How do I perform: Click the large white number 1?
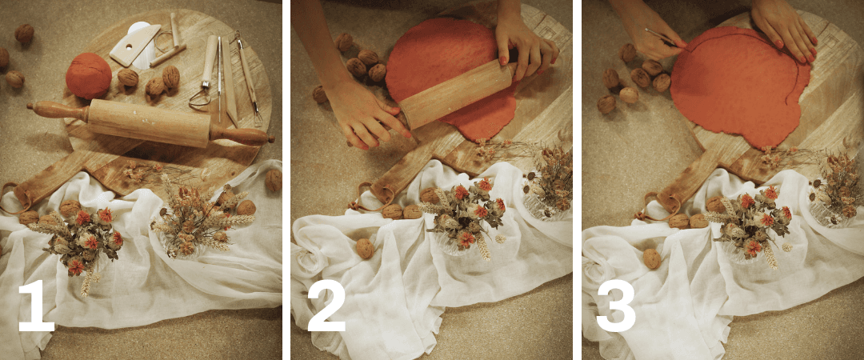coord(37,307)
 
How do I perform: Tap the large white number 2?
coord(326,307)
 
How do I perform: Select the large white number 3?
coord(615,307)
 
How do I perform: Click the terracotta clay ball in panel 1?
coord(88,75)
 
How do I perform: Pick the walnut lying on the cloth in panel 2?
coord(364,249)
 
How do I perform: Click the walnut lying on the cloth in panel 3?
coord(652,258)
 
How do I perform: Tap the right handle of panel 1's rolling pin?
coord(242,136)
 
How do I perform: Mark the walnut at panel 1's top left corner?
coord(24,34)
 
